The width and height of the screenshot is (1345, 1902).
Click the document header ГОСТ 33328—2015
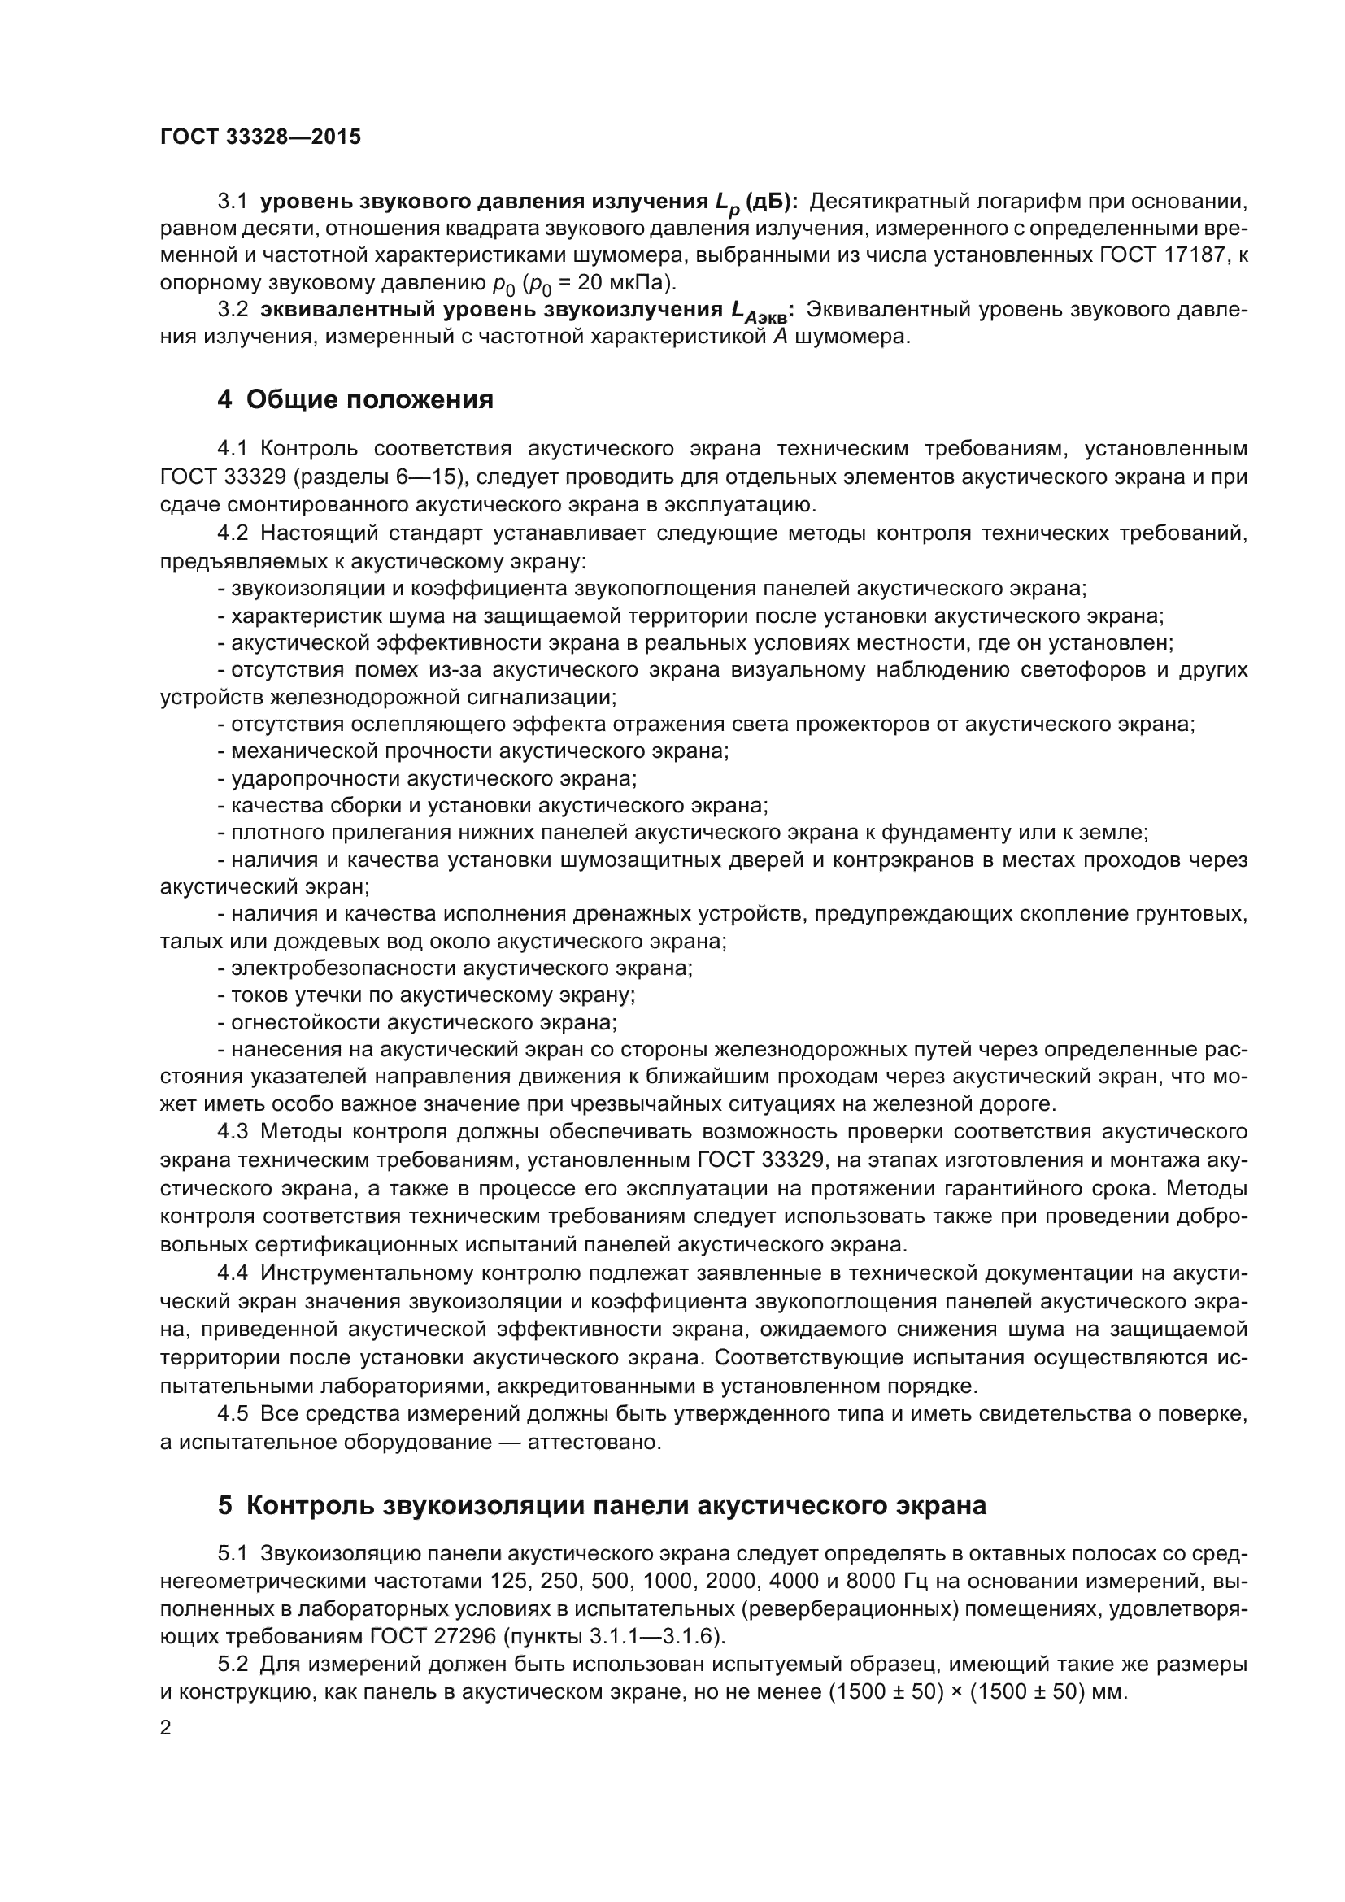260,137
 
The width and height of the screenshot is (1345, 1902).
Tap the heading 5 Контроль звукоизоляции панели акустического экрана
601,1505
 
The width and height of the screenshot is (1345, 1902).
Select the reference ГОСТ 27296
433,1636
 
